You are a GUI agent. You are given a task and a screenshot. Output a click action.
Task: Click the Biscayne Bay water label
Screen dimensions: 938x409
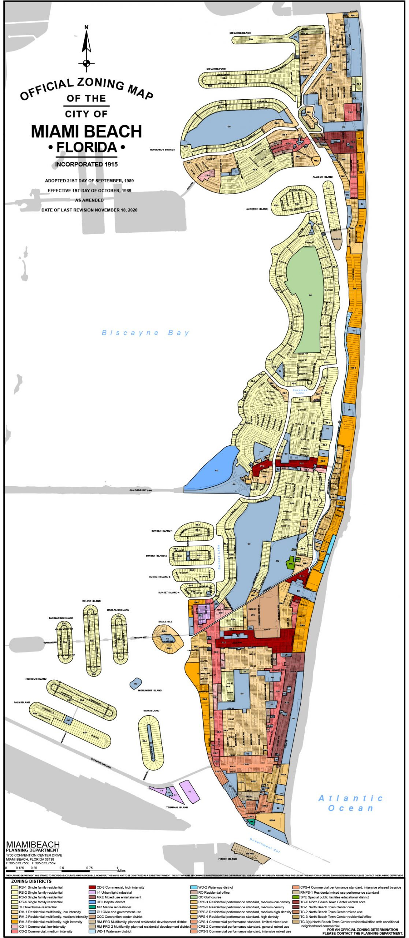tap(145, 333)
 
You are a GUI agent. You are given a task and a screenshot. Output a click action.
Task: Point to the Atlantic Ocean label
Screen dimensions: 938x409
tap(350, 803)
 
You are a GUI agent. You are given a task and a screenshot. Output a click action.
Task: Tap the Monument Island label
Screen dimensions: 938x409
tap(150, 690)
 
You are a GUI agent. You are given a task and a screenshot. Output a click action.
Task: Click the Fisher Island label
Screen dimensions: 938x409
tap(227, 859)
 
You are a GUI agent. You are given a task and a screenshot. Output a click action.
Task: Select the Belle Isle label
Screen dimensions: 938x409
tap(165, 621)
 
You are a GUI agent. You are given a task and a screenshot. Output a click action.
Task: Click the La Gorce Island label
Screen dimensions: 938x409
tap(256, 209)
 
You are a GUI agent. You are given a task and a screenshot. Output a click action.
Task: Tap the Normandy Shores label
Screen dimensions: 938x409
tap(162, 149)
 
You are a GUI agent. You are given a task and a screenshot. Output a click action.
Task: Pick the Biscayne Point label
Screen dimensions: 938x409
tap(216, 69)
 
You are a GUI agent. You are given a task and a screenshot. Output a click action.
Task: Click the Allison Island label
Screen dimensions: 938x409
tap(323, 177)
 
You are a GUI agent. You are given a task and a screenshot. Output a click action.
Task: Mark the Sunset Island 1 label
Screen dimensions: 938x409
tap(161, 531)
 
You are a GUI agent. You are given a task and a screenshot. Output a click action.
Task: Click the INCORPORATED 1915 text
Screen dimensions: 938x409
tap(86, 165)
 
